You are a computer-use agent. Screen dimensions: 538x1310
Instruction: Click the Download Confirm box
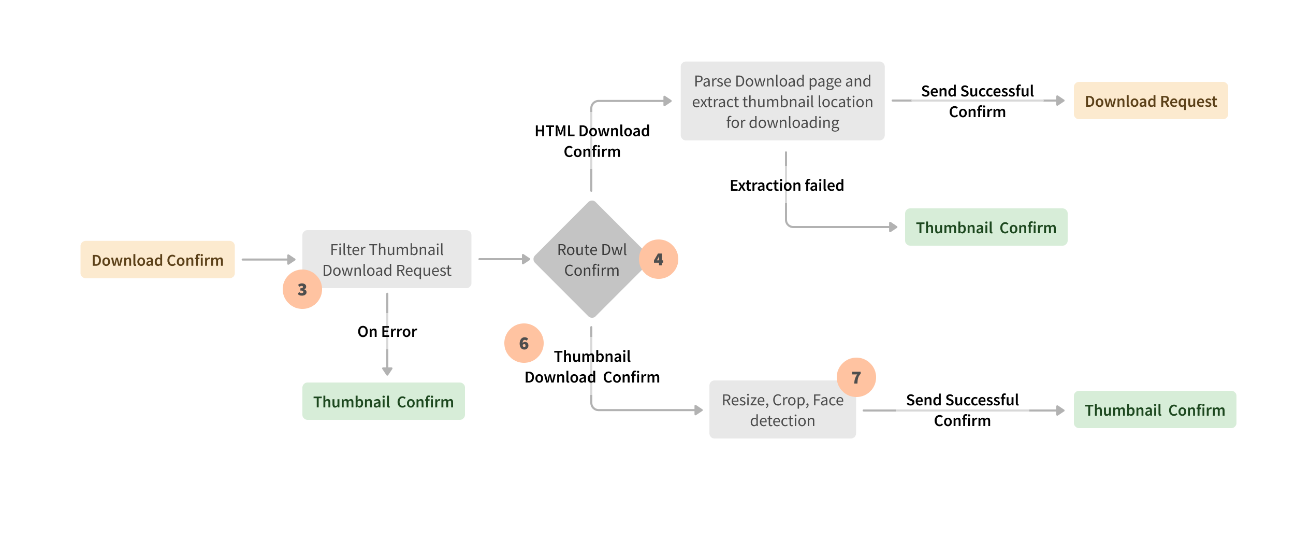coord(157,260)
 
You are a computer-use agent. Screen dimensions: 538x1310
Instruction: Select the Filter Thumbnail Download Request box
coord(387,259)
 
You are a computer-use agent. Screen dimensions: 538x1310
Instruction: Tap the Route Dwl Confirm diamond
coord(591,259)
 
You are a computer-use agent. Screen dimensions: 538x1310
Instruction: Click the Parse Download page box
coord(782,101)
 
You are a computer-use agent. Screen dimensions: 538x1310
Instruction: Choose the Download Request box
coord(1151,101)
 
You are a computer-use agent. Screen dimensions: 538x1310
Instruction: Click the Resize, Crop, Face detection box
coord(782,410)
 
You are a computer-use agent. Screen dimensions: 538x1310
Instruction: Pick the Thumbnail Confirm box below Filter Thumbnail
coord(383,402)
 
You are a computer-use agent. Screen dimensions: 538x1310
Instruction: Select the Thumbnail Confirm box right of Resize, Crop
coord(1155,410)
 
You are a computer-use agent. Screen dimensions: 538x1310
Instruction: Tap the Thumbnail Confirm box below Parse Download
coord(986,228)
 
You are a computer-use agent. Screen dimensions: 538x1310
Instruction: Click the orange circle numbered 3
coord(302,289)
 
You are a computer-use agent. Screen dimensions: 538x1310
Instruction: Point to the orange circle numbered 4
coord(659,259)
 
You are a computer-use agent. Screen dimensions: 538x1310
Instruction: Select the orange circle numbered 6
coord(524,343)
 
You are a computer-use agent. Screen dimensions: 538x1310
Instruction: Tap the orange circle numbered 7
coord(856,377)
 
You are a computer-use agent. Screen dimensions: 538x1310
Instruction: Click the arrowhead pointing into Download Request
coord(1060,101)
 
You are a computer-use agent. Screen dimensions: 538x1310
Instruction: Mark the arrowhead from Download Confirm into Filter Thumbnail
coord(292,259)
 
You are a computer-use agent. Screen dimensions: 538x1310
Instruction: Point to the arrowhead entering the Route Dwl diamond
coord(527,259)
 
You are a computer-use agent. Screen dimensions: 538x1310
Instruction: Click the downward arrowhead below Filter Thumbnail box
coord(387,371)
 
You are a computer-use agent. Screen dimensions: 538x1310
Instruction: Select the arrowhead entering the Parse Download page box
coord(668,101)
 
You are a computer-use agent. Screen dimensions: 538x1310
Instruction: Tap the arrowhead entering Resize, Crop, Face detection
coord(699,410)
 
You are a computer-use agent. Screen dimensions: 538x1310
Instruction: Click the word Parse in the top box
coord(712,81)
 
